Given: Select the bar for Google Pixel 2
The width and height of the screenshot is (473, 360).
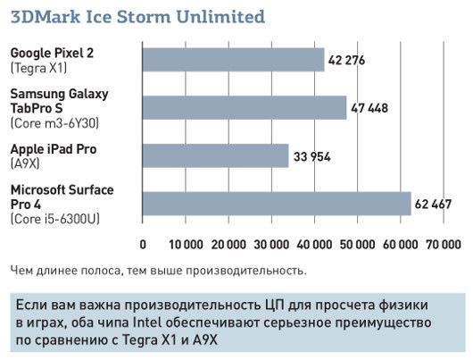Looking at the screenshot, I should coord(233,60).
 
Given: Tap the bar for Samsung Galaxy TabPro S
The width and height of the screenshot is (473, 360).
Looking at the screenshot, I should coord(245,107).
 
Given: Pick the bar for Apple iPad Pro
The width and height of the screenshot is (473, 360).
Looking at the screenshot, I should coord(215,155).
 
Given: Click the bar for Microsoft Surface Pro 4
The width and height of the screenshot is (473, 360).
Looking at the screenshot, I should coord(277,204).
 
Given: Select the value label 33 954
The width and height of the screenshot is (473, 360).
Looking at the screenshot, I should coord(312,156).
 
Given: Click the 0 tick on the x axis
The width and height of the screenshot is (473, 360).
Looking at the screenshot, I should coord(144,244).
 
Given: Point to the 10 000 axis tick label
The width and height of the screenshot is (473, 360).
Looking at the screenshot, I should coord(186,244).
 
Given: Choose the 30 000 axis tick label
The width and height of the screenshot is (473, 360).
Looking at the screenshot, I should coord(271,244).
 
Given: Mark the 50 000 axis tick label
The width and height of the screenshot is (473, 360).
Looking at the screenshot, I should coord(356,244).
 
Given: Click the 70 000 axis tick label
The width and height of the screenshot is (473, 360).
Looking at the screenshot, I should coord(442,244).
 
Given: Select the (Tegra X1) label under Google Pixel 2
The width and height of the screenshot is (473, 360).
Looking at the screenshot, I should coord(38,67).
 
